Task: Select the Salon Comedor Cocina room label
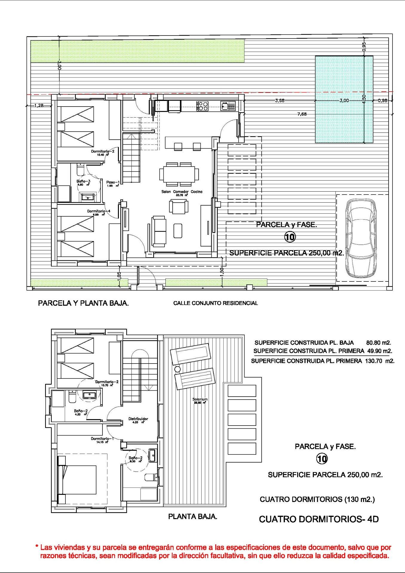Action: [182, 192]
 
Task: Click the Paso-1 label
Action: [113, 182]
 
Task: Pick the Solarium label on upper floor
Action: [200, 399]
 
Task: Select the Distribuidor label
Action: [138, 419]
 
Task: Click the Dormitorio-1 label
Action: [102, 439]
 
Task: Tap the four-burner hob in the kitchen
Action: [202, 106]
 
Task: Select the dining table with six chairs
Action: [179, 174]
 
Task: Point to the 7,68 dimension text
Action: [302, 114]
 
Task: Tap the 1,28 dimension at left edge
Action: [39, 105]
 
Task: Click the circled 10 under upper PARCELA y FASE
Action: [289, 237]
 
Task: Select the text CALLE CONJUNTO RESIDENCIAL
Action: [215, 303]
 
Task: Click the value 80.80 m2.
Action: [378, 343]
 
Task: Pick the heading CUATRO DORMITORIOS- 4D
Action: [319, 519]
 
